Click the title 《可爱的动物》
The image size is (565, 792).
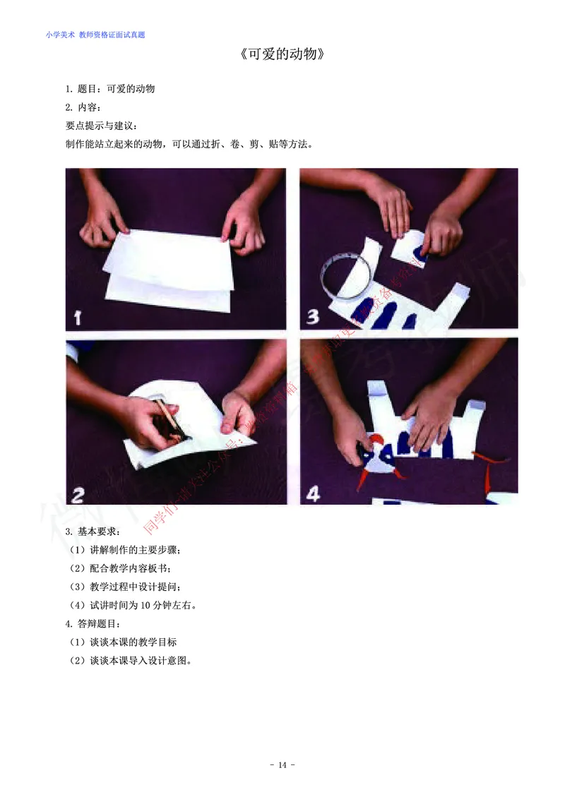click(282, 55)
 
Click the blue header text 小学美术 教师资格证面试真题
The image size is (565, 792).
click(95, 34)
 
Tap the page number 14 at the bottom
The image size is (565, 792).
click(282, 765)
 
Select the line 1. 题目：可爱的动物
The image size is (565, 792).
click(110, 89)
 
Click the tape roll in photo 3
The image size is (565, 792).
click(345, 276)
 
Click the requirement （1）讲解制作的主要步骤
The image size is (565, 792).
click(126, 549)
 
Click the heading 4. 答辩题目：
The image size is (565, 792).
click(93, 623)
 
